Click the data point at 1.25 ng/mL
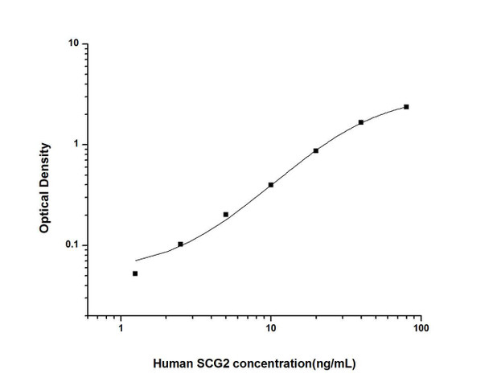coord(135,273)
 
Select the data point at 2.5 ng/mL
coord(180,244)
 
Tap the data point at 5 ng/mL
coord(225,214)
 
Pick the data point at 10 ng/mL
coord(271,184)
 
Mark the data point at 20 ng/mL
coord(316,150)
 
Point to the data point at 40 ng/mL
coord(361,122)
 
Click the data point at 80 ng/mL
coord(406,107)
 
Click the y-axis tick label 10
coord(72,44)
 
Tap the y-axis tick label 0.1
coord(71,245)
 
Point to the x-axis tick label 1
coord(121,329)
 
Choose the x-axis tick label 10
coord(271,329)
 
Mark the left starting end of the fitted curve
coord(136,261)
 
